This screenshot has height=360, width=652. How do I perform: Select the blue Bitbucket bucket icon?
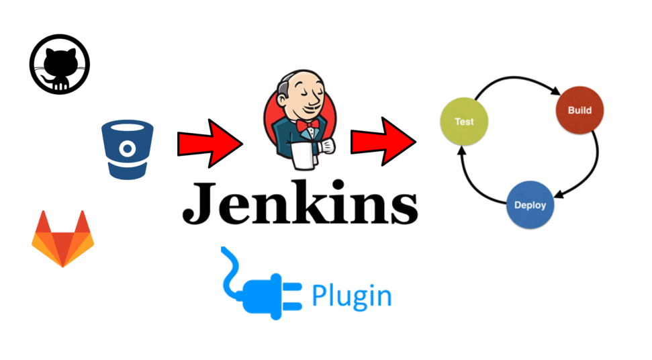coord(127,149)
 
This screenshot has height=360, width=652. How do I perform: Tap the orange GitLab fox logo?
coord(62,238)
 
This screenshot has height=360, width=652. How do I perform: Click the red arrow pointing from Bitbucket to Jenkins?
coord(209,143)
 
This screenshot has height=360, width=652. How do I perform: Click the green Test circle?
coord(464,122)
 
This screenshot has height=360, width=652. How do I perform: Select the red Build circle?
coord(579,110)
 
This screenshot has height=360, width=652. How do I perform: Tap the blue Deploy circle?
coord(530,206)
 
